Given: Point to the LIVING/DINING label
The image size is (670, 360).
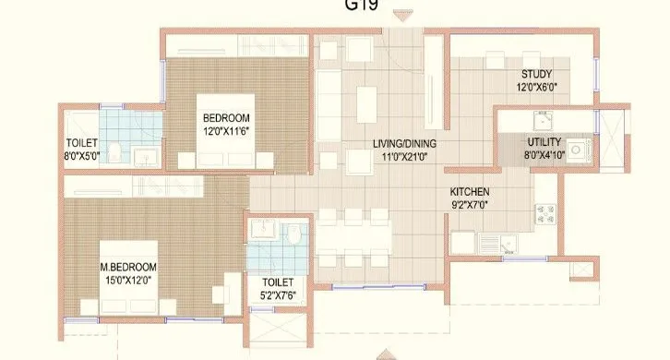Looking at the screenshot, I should [x=404, y=144].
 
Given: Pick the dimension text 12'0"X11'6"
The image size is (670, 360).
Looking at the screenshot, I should [x=226, y=130].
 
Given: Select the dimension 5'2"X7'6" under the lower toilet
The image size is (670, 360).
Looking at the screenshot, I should [x=277, y=294].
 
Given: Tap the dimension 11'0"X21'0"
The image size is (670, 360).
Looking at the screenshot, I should [x=404, y=158].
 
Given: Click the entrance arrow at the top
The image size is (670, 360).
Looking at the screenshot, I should [x=401, y=16].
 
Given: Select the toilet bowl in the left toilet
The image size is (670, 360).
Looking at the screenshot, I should [x=112, y=150].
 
